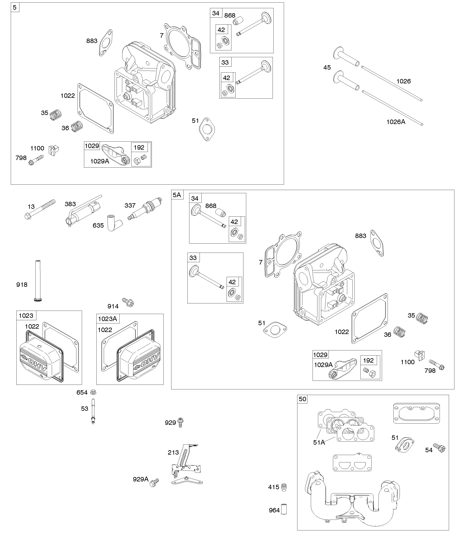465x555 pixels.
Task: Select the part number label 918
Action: click(x=22, y=285)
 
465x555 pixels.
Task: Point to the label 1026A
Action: click(x=396, y=122)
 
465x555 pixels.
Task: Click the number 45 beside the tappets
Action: click(x=327, y=68)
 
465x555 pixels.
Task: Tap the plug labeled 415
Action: click(x=284, y=487)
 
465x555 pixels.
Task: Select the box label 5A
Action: click(x=177, y=195)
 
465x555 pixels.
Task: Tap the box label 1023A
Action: click(x=107, y=319)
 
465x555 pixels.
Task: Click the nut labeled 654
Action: click(x=93, y=392)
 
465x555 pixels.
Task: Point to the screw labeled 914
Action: click(x=128, y=302)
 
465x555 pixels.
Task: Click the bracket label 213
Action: click(x=173, y=452)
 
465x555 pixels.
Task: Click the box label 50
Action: click(x=302, y=399)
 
